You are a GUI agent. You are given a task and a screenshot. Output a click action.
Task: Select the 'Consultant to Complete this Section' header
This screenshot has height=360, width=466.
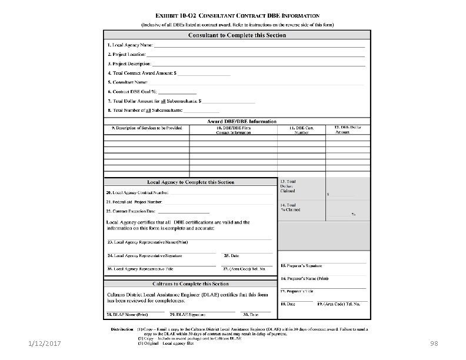tap(237, 35)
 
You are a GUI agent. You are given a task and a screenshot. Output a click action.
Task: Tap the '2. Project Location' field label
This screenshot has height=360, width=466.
tap(127, 54)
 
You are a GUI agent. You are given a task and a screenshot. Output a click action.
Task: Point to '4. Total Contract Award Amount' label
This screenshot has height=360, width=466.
tap(141, 73)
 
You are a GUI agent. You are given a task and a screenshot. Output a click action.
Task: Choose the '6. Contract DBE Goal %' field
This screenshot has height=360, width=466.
tap(132, 91)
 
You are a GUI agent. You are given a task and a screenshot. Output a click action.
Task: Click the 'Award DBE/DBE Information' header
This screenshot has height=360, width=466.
tap(237, 121)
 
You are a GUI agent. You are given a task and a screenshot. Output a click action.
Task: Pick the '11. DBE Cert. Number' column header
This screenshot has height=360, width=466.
tap(301, 130)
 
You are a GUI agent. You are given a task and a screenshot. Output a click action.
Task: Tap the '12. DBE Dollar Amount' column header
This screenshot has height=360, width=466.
tap(348, 130)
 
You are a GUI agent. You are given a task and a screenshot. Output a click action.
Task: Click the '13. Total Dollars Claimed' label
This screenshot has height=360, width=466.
tap(288, 186)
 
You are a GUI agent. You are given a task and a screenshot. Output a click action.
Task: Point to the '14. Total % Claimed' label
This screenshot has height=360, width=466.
tap(290, 206)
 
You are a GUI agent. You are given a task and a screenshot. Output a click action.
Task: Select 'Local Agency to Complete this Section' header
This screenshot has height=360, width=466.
tap(190, 182)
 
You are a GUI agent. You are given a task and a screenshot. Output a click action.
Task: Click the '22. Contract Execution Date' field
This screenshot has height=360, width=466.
tap(131, 210)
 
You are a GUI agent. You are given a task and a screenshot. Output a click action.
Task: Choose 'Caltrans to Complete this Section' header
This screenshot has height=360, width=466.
tap(190, 284)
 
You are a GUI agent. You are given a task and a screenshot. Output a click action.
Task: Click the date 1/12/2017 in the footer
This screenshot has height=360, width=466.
tap(39, 342)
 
